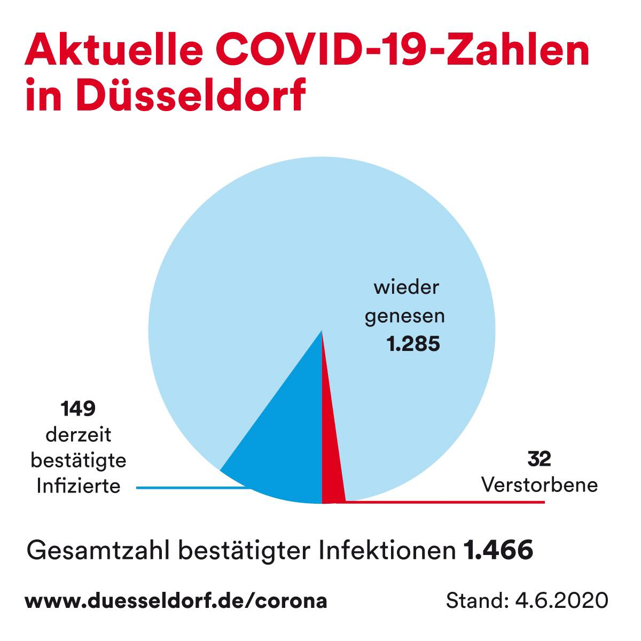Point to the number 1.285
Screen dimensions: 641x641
413,344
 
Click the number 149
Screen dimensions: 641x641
78,409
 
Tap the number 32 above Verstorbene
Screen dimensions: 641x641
539,459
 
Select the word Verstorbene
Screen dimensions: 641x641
539,485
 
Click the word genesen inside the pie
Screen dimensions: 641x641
404,316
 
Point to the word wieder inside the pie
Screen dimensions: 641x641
406,288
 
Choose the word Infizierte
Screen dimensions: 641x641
78,486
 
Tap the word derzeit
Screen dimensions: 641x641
78,435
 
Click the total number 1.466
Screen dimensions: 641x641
498,550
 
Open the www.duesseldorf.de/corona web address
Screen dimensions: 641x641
176,600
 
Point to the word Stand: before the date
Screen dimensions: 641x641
476,600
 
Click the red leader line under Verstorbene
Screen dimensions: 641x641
454,502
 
